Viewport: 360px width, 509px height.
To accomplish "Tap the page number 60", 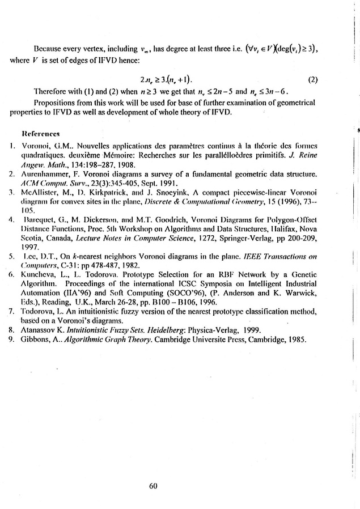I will (152, 485).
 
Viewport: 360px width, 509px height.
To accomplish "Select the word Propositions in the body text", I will (55, 103).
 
